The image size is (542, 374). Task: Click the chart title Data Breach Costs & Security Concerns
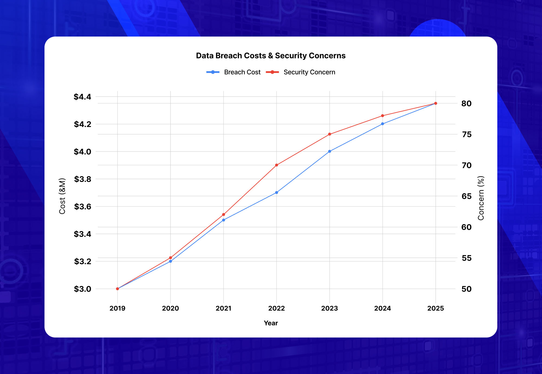[x=271, y=56]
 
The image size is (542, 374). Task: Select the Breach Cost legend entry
[x=233, y=72]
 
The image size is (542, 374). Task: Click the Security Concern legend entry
[x=301, y=72]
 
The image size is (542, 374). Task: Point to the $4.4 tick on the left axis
[x=82, y=97]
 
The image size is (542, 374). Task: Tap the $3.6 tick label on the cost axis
[x=82, y=207]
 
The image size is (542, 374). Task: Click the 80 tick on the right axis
[x=466, y=103]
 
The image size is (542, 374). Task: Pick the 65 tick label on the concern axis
[x=466, y=196]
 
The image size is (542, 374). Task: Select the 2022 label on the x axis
[x=276, y=308]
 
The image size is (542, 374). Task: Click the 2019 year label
[x=117, y=308]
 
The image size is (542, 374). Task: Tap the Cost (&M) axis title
[x=62, y=196]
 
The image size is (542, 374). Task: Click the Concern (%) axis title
[x=481, y=198]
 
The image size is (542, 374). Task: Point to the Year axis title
[x=271, y=323]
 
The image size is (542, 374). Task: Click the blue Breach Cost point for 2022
[x=277, y=192]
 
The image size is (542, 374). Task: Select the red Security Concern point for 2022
[x=277, y=165]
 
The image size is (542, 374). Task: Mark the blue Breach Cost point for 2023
[x=330, y=151]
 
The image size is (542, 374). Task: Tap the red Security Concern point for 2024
[x=382, y=116]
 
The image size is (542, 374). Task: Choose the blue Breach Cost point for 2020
[x=170, y=261]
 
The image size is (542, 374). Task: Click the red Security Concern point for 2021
[x=223, y=214]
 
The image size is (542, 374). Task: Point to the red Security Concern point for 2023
[x=330, y=134]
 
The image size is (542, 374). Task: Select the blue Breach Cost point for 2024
[x=382, y=124]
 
